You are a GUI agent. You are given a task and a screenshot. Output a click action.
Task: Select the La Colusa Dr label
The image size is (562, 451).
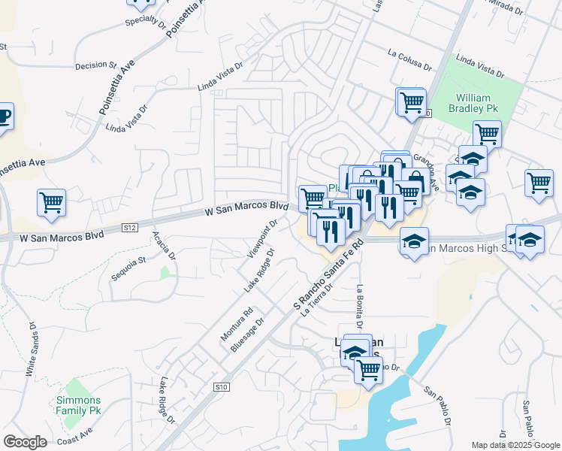pos(409,60)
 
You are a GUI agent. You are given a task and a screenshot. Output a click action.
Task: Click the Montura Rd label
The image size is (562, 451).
pos(239,324)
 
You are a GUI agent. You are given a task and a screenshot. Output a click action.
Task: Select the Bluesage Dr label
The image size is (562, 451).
pos(249,334)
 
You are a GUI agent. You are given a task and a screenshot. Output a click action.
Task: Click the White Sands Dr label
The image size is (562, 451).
pos(32,350)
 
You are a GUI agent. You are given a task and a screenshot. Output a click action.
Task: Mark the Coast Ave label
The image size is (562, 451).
pos(74,436)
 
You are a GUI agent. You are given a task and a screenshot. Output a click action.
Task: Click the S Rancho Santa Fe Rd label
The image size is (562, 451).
pos(328,280)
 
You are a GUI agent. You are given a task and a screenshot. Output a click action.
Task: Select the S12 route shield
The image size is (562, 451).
pos(130,227)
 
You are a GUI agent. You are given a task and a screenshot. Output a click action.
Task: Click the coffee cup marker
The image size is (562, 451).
pos(5,117)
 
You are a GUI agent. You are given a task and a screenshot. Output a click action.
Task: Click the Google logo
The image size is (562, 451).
pos(25,442)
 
